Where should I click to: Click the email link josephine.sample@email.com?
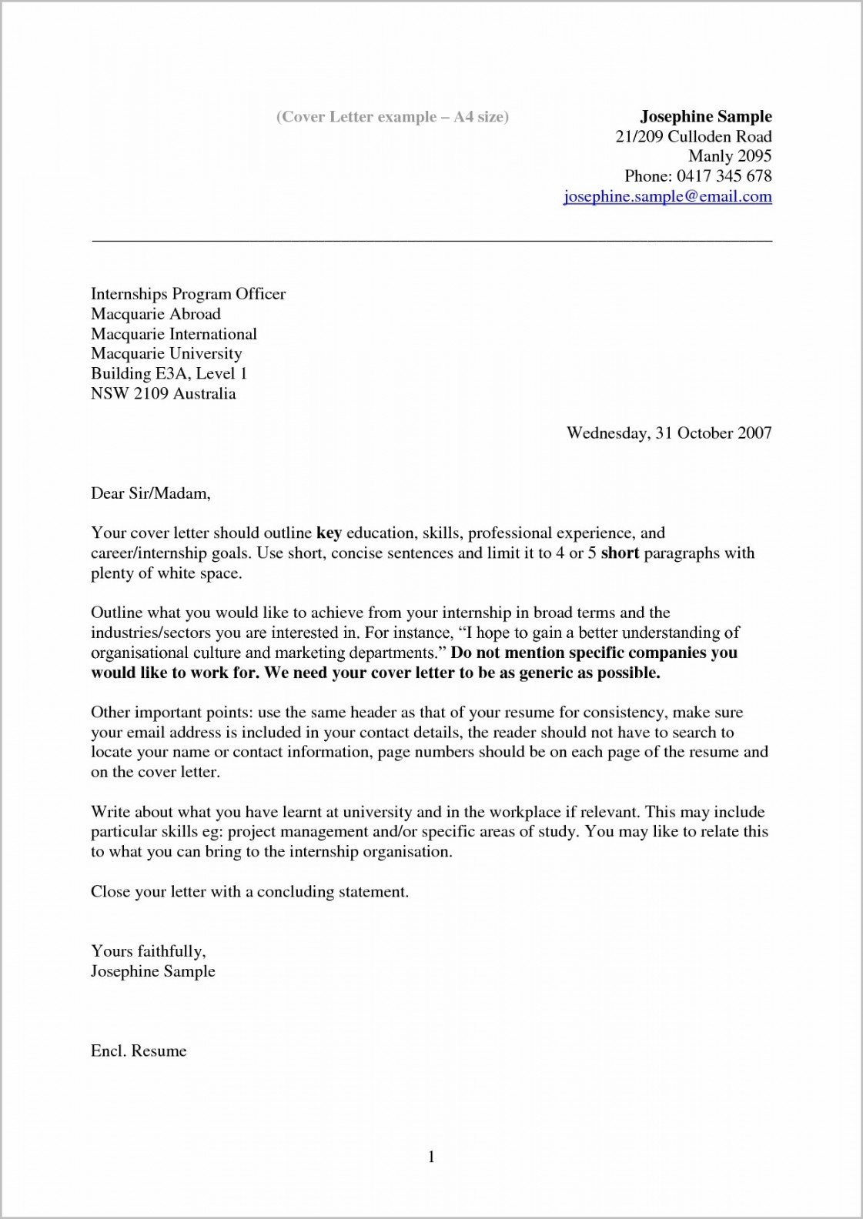667,196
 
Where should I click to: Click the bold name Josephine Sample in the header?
705,116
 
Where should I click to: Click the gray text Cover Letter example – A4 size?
392,117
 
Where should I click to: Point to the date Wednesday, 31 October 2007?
668,432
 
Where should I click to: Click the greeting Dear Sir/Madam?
150,493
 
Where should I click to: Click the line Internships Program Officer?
188,294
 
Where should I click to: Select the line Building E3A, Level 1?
169,374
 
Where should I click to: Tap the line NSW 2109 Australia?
163,394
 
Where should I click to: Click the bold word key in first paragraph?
329,533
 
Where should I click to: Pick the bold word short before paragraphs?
620,553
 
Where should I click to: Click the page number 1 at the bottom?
431,1157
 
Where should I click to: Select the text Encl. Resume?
139,1051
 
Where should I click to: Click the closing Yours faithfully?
148,951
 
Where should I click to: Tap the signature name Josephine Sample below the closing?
152,971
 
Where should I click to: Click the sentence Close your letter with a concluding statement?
249,892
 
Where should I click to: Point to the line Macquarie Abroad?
156,314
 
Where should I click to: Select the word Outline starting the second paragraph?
116,613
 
